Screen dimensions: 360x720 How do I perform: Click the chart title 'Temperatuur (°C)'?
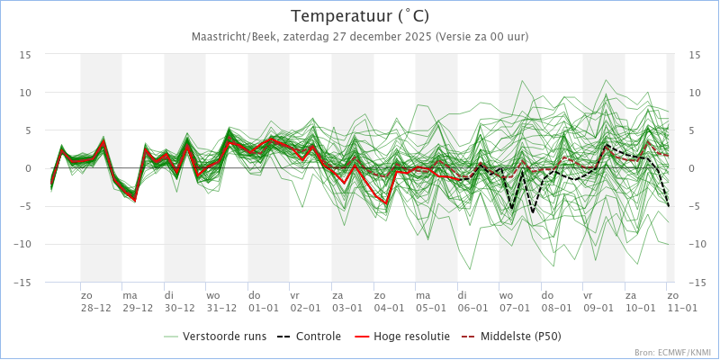point(360,16)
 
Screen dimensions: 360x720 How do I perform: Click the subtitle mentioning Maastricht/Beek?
point(360,37)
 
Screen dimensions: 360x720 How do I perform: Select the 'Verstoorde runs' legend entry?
point(224,337)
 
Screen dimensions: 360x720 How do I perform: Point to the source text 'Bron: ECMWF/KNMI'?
point(673,353)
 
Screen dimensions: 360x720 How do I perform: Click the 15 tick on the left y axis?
point(26,55)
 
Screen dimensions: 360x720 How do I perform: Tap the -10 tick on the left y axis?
point(23,244)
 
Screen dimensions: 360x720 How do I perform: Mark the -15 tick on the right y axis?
point(696,282)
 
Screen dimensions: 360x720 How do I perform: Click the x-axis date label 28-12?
point(96,307)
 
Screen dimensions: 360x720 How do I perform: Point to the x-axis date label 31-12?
point(221,307)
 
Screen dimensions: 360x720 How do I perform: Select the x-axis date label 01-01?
point(264,307)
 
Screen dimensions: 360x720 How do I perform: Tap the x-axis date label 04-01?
point(389,307)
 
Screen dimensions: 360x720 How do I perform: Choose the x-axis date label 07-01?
point(515,307)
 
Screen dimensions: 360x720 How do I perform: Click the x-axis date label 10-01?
point(640,307)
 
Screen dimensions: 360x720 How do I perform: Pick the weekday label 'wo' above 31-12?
point(213,295)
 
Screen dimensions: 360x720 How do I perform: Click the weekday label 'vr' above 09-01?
point(588,295)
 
